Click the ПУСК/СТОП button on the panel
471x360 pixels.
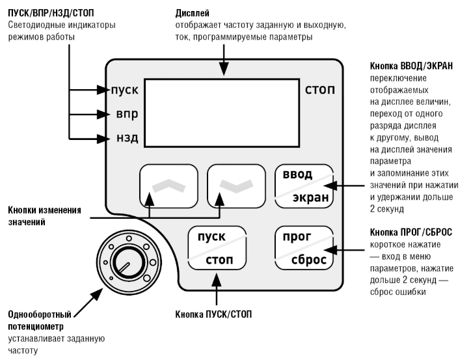(x=217, y=248)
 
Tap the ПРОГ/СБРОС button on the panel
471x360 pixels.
(x=304, y=248)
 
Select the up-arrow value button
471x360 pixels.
(x=168, y=186)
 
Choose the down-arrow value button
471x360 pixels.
(x=236, y=186)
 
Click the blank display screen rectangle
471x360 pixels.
(x=222, y=113)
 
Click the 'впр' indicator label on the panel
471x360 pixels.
(x=127, y=115)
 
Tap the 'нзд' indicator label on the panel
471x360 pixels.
(x=128, y=138)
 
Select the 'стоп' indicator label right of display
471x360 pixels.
(x=320, y=90)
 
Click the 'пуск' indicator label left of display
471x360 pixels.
(x=125, y=90)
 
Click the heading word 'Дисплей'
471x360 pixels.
(x=193, y=14)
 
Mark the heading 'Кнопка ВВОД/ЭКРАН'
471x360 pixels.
(x=411, y=66)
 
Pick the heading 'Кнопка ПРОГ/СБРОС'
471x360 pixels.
(x=411, y=232)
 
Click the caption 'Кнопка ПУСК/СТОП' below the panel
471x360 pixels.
(x=213, y=314)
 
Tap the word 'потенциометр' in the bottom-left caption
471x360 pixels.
(x=36, y=327)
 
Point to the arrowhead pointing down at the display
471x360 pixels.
(x=224, y=70)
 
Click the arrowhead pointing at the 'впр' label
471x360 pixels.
(x=103, y=115)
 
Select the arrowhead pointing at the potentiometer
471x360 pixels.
(x=97, y=294)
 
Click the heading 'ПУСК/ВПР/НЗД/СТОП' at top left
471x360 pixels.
(x=51, y=14)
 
